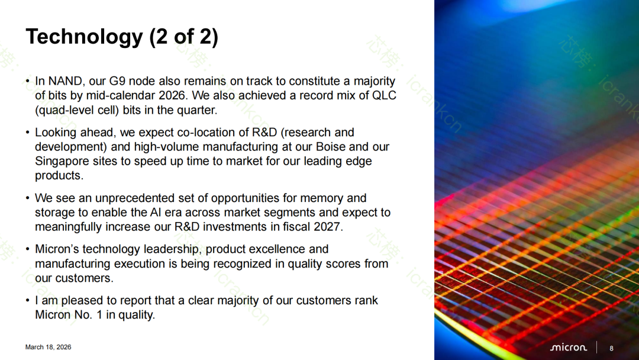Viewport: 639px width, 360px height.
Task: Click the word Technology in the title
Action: pyautogui.click(x=85, y=37)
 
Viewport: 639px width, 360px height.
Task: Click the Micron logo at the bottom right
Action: pyautogui.click(x=569, y=348)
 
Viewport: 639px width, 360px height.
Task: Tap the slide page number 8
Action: pyautogui.click(x=611, y=348)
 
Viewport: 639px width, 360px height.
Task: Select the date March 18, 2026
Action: pyautogui.click(x=48, y=347)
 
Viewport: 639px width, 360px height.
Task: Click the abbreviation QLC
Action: pyautogui.click(x=385, y=95)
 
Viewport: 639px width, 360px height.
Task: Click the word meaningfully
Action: pyautogui.click(x=69, y=227)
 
